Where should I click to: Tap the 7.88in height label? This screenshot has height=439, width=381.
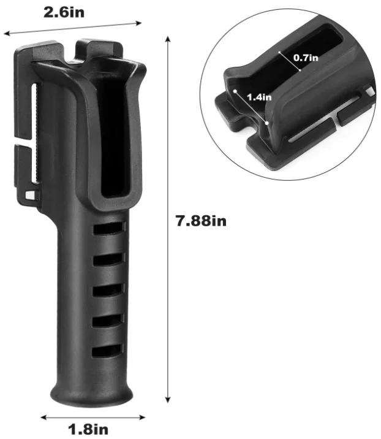click(201, 221)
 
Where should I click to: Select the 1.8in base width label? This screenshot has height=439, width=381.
click(89, 429)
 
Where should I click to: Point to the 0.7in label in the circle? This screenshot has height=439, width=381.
click(306, 58)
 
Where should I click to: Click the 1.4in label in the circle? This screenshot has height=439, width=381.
click(259, 97)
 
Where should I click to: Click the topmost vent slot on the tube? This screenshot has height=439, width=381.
click(110, 227)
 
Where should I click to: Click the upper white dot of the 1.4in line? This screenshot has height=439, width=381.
click(235, 91)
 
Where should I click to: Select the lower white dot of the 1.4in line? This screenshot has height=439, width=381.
click(267, 122)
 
